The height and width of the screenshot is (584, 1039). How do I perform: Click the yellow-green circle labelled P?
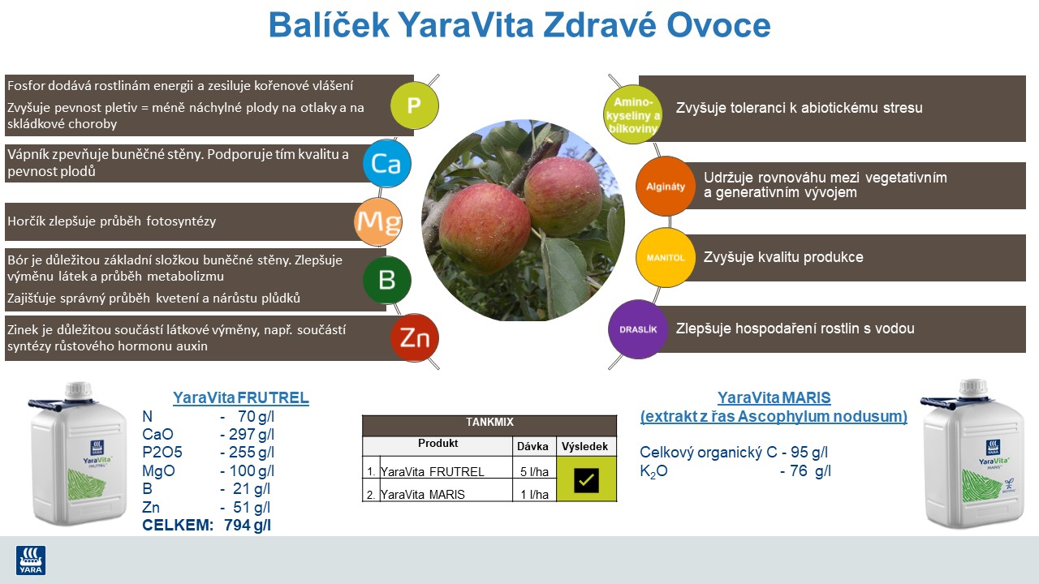(x=414, y=105)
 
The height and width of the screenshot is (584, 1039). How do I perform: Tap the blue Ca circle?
(x=386, y=163)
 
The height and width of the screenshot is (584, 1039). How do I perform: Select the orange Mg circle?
(x=378, y=221)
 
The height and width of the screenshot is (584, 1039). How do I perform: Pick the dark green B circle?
(x=386, y=280)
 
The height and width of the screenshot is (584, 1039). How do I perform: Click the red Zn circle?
(x=414, y=337)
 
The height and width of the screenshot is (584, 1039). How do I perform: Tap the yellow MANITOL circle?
(x=666, y=258)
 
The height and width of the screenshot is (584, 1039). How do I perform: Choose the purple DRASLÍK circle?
(x=638, y=329)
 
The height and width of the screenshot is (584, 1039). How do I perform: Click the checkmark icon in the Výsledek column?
(x=586, y=480)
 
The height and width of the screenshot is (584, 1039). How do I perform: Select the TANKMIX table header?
(x=489, y=423)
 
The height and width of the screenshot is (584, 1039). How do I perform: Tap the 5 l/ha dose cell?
(x=534, y=472)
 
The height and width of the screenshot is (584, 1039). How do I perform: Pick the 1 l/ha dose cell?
(x=534, y=495)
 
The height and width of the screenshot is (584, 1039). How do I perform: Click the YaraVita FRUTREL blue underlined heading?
(x=240, y=397)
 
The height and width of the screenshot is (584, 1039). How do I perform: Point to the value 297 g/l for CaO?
(x=247, y=435)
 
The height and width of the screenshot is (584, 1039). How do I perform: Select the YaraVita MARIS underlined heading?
(x=774, y=397)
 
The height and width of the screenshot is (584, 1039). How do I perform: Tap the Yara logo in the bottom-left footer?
(x=31, y=560)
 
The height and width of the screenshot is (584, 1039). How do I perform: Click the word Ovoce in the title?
(x=718, y=26)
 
